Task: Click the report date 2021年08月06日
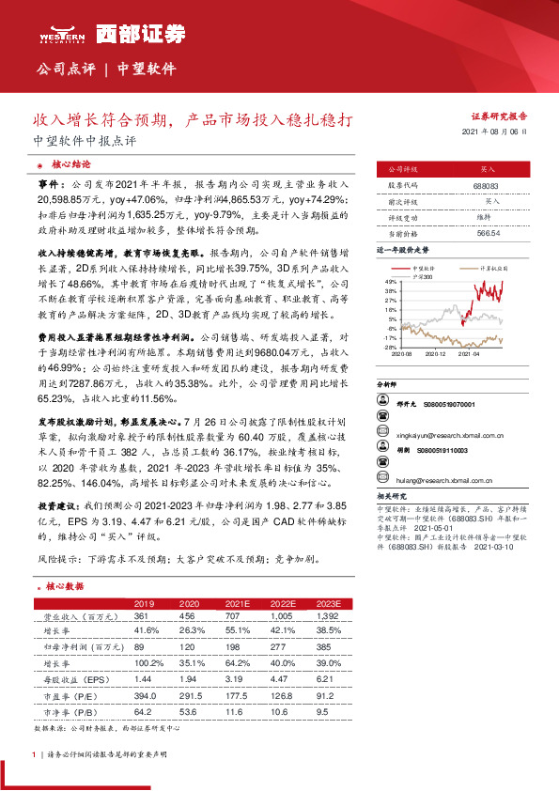click(x=495, y=133)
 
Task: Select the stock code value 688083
click(x=487, y=185)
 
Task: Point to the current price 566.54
click(x=487, y=232)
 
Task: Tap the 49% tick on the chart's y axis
click(x=390, y=281)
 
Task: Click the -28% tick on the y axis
click(x=389, y=347)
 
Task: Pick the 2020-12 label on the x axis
click(x=433, y=353)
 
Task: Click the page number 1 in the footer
click(x=34, y=754)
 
